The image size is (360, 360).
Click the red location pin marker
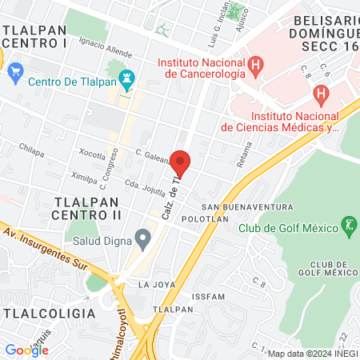181,163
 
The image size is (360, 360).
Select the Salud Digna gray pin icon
143,238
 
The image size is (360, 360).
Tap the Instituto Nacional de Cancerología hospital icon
255,65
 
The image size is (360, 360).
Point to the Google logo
26,350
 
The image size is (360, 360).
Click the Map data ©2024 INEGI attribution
311,354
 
